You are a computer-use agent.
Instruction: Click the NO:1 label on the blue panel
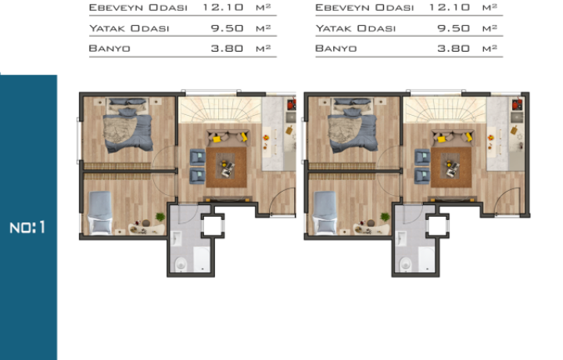point(27,228)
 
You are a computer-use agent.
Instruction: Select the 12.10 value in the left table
point(223,8)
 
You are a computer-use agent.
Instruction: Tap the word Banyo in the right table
point(335,49)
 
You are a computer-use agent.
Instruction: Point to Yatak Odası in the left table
point(129,28)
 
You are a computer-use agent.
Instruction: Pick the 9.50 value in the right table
point(454,28)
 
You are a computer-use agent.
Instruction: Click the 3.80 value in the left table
point(227,49)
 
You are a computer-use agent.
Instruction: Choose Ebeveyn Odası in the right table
point(364,8)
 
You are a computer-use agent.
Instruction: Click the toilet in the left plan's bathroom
point(181,264)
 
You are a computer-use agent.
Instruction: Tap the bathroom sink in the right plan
point(400,238)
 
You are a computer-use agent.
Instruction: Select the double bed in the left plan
point(127,125)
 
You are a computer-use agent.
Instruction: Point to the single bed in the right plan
point(325,212)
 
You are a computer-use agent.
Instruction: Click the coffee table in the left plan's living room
point(226,167)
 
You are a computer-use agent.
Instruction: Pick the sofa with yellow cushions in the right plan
point(453,138)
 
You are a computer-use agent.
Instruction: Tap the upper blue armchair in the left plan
point(197,157)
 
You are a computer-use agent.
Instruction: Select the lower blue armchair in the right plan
point(422,176)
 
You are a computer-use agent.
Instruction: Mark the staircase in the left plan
point(220,110)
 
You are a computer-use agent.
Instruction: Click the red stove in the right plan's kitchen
point(517,105)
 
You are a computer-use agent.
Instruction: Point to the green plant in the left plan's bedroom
point(160,217)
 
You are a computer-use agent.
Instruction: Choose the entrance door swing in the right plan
point(507,201)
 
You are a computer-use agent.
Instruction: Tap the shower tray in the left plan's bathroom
point(202,259)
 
